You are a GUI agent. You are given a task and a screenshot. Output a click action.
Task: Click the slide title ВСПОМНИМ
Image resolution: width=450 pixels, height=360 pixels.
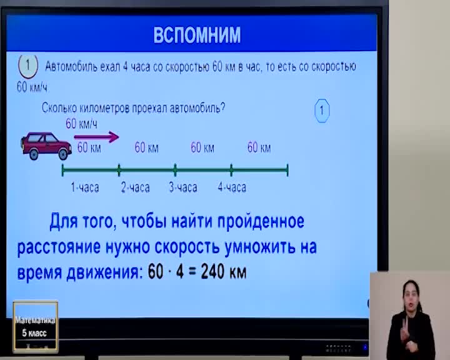click(197, 35)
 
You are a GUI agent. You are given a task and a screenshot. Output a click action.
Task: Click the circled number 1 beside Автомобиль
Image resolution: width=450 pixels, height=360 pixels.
click(28, 66)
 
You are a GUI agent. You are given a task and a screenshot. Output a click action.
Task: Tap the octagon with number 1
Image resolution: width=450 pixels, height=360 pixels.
click(322, 111)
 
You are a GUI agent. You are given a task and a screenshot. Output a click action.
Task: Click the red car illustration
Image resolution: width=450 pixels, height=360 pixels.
click(46, 146)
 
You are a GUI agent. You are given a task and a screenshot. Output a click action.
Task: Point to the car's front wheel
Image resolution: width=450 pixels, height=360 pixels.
click(63, 154)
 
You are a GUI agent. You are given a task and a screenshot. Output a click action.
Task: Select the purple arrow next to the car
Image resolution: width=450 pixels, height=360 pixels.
click(96, 137)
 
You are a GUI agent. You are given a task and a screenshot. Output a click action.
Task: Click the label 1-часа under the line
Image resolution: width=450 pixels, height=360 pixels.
click(85, 187)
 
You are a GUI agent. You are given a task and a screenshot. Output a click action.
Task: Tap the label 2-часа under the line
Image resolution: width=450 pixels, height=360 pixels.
click(135, 187)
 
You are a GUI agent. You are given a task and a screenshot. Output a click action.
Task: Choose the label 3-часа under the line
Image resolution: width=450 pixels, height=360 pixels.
click(183, 187)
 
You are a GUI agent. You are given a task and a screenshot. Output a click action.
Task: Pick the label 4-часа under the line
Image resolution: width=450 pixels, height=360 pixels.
click(232, 187)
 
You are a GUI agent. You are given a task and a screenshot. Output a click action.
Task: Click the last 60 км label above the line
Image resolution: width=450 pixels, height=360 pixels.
click(259, 147)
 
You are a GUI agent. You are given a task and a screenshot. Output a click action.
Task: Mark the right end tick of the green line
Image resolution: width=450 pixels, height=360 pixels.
click(287, 170)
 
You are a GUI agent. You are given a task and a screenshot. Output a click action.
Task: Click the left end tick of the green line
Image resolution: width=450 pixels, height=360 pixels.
click(63, 170)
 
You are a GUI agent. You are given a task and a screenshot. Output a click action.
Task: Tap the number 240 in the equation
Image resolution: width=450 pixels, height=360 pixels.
click(212, 271)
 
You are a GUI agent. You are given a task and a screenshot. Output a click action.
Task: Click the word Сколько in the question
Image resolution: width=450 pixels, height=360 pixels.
click(59, 108)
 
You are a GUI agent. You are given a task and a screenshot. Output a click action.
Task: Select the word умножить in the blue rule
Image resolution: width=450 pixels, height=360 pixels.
click(260, 247)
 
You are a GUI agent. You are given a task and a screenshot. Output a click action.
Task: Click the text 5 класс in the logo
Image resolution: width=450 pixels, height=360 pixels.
click(34, 333)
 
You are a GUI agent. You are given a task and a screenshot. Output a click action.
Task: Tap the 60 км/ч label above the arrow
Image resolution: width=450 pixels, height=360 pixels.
click(81, 124)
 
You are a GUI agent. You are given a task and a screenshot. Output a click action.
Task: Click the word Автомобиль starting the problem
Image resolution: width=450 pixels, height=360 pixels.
click(71, 67)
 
